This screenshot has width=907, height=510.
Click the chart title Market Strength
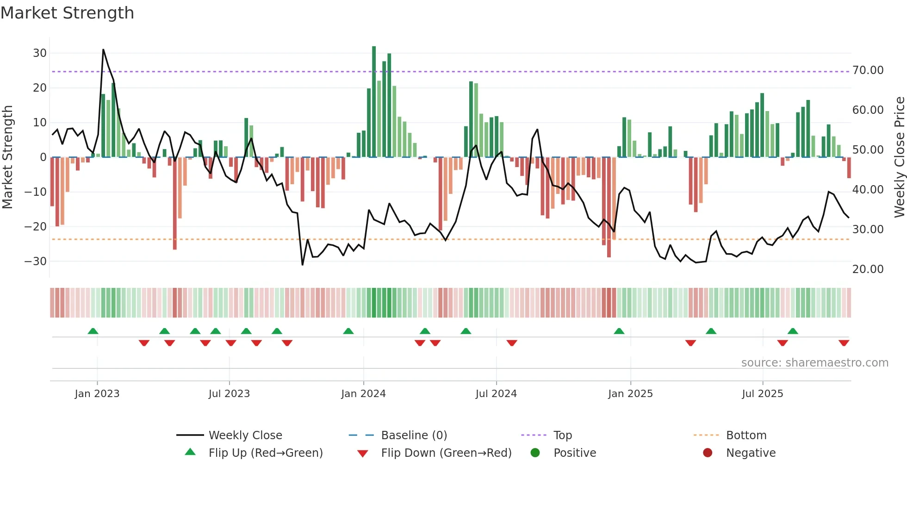pyautogui.click(x=68, y=13)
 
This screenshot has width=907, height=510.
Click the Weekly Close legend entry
pyautogui.click(x=245, y=435)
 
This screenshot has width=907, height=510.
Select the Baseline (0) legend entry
pyautogui.click(x=414, y=435)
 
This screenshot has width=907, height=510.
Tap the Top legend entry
pyautogui.click(x=562, y=435)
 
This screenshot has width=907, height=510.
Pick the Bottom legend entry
pyautogui.click(x=746, y=435)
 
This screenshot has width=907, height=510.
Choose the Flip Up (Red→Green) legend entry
pyautogui.click(x=265, y=453)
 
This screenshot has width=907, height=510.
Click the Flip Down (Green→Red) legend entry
pyautogui.click(x=446, y=453)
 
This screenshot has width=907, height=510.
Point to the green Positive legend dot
pyautogui.click(x=535, y=453)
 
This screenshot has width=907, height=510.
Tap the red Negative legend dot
pyautogui.click(x=708, y=453)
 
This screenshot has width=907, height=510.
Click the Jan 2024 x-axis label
pyautogui.click(x=363, y=394)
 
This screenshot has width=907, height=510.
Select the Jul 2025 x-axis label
pyautogui.click(x=762, y=394)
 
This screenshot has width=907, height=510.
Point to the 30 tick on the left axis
pyautogui.click(x=40, y=53)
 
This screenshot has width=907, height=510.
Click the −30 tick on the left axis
pyautogui.click(x=36, y=261)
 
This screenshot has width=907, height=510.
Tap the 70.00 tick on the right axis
pyautogui.click(x=868, y=70)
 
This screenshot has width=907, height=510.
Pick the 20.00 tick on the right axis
pyautogui.click(x=868, y=269)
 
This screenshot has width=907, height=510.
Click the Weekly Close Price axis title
pyautogui.click(x=899, y=157)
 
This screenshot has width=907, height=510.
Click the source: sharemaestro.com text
pyautogui.click(x=814, y=363)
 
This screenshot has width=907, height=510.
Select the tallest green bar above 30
pyautogui.click(x=374, y=102)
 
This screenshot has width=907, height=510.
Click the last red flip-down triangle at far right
pyautogui.click(x=844, y=343)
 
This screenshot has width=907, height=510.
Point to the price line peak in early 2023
pyautogui.click(x=103, y=50)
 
